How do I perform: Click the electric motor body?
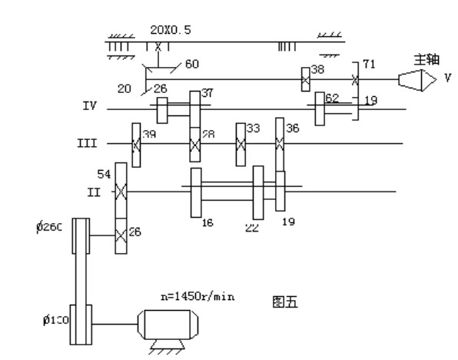point(168,325)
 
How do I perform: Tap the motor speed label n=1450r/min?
point(197,297)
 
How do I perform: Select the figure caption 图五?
point(285,302)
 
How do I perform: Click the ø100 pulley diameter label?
point(56,321)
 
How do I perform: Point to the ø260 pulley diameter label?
point(49,227)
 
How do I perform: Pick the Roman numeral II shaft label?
point(94,192)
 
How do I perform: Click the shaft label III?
point(87,144)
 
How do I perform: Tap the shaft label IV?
point(89,105)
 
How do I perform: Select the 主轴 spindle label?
point(426,60)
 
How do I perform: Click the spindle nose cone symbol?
point(417,80)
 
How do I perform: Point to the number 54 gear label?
point(104,175)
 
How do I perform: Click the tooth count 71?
point(369,65)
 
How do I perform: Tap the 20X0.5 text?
point(171,30)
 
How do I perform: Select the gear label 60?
point(192,64)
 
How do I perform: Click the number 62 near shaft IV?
point(332,98)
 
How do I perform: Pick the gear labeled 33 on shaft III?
point(241,145)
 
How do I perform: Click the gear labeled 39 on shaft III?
point(136,145)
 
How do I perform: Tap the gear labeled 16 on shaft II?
point(196,193)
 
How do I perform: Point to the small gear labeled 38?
point(306,79)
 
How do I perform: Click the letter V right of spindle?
point(448,78)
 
